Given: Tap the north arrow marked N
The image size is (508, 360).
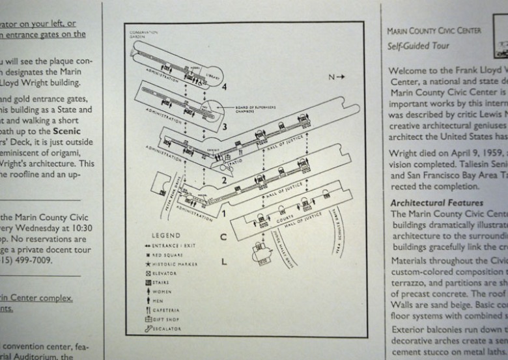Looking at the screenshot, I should point(336,77).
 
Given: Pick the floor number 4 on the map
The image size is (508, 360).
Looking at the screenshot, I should point(223,87).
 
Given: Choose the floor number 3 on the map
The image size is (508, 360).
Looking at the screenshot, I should point(223,126).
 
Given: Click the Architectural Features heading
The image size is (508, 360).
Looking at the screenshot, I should point(436,203).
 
